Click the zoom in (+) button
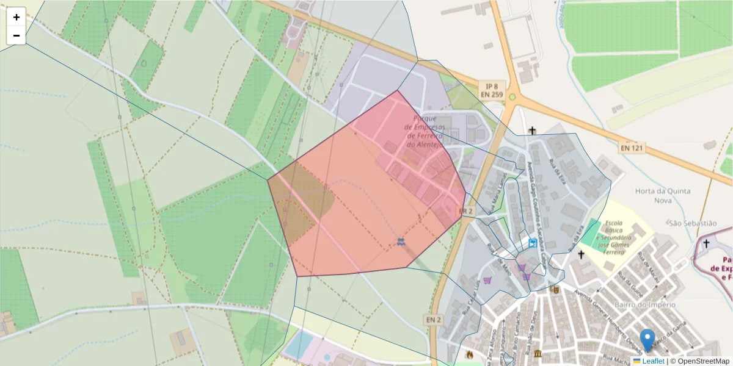(16, 17)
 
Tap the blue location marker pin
(647, 339)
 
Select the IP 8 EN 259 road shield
(491, 90)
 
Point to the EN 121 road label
(632, 148)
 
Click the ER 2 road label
(465, 211)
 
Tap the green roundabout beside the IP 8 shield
(512, 96)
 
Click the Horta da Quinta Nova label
(662, 195)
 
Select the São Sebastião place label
(692, 224)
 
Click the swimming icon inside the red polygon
(400, 242)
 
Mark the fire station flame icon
(469, 354)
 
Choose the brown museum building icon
(537, 354)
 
